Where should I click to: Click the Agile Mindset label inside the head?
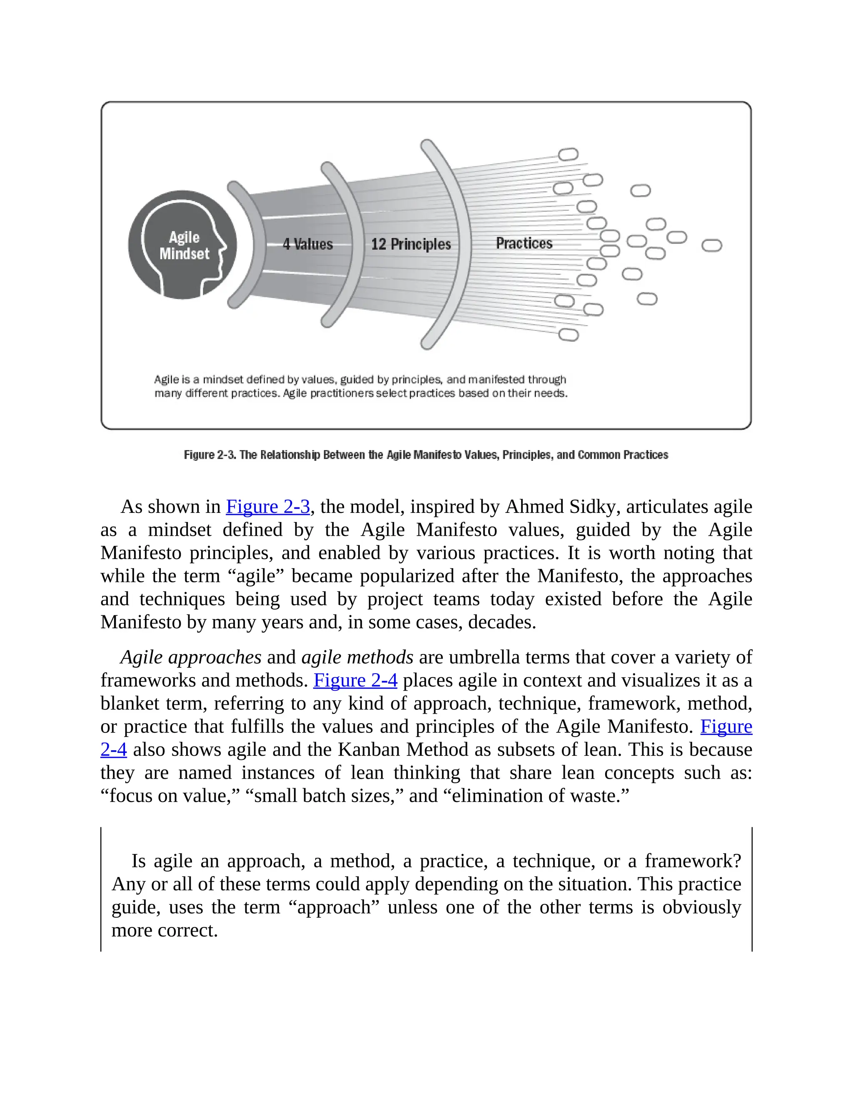coord(184,246)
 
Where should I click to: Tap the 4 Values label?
coord(307,244)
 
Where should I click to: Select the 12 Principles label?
coord(410,244)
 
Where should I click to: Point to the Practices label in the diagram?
coord(524,243)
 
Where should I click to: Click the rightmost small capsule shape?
coord(711,246)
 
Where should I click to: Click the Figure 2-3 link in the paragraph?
coord(268,507)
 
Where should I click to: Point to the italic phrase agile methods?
coord(357,657)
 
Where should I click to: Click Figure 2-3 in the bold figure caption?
coord(210,455)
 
